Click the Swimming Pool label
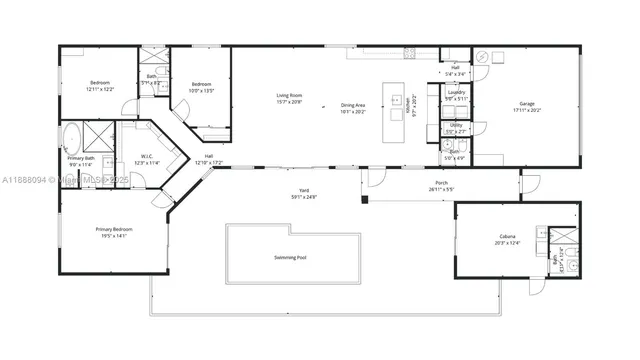291,258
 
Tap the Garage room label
526,104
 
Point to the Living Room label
290,96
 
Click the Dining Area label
354,105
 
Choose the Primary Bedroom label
114,230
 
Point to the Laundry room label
456,94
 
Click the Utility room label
455,125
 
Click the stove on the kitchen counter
408,52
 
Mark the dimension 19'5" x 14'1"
114,236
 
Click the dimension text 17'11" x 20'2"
526,110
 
